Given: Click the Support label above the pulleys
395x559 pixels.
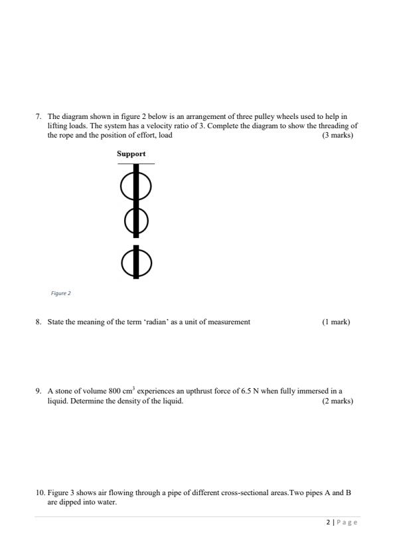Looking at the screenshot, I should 131,154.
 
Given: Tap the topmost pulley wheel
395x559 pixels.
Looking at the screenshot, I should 136,186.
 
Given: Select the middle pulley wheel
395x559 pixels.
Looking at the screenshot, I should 136,220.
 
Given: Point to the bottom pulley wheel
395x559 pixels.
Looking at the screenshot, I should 136,263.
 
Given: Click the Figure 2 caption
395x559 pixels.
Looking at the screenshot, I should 60,292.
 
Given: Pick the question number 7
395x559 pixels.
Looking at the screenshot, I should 38,117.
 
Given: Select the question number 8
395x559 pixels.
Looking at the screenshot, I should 38,322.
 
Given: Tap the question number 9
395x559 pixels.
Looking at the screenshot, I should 38,391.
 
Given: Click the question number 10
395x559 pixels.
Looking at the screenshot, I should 39,493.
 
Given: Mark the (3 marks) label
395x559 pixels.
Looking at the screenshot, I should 337,135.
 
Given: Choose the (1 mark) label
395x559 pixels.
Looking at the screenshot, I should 336,322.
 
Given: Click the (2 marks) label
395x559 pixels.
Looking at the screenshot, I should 337,401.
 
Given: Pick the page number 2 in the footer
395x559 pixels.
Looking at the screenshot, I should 328,522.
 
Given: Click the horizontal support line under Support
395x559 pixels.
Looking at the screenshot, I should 136,164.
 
